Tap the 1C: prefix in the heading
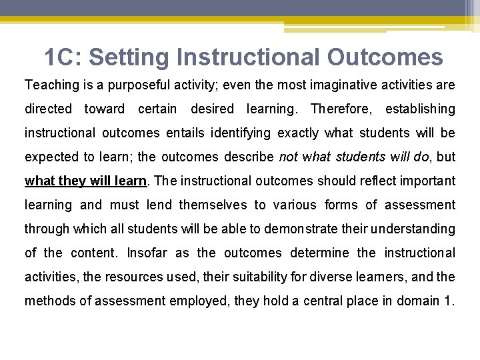tap(63, 57)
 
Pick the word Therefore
tap(340, 109)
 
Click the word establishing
tap(420, 109)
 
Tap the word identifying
tap(241, 133)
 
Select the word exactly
tap(298, 133)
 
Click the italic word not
tap(289, 157)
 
